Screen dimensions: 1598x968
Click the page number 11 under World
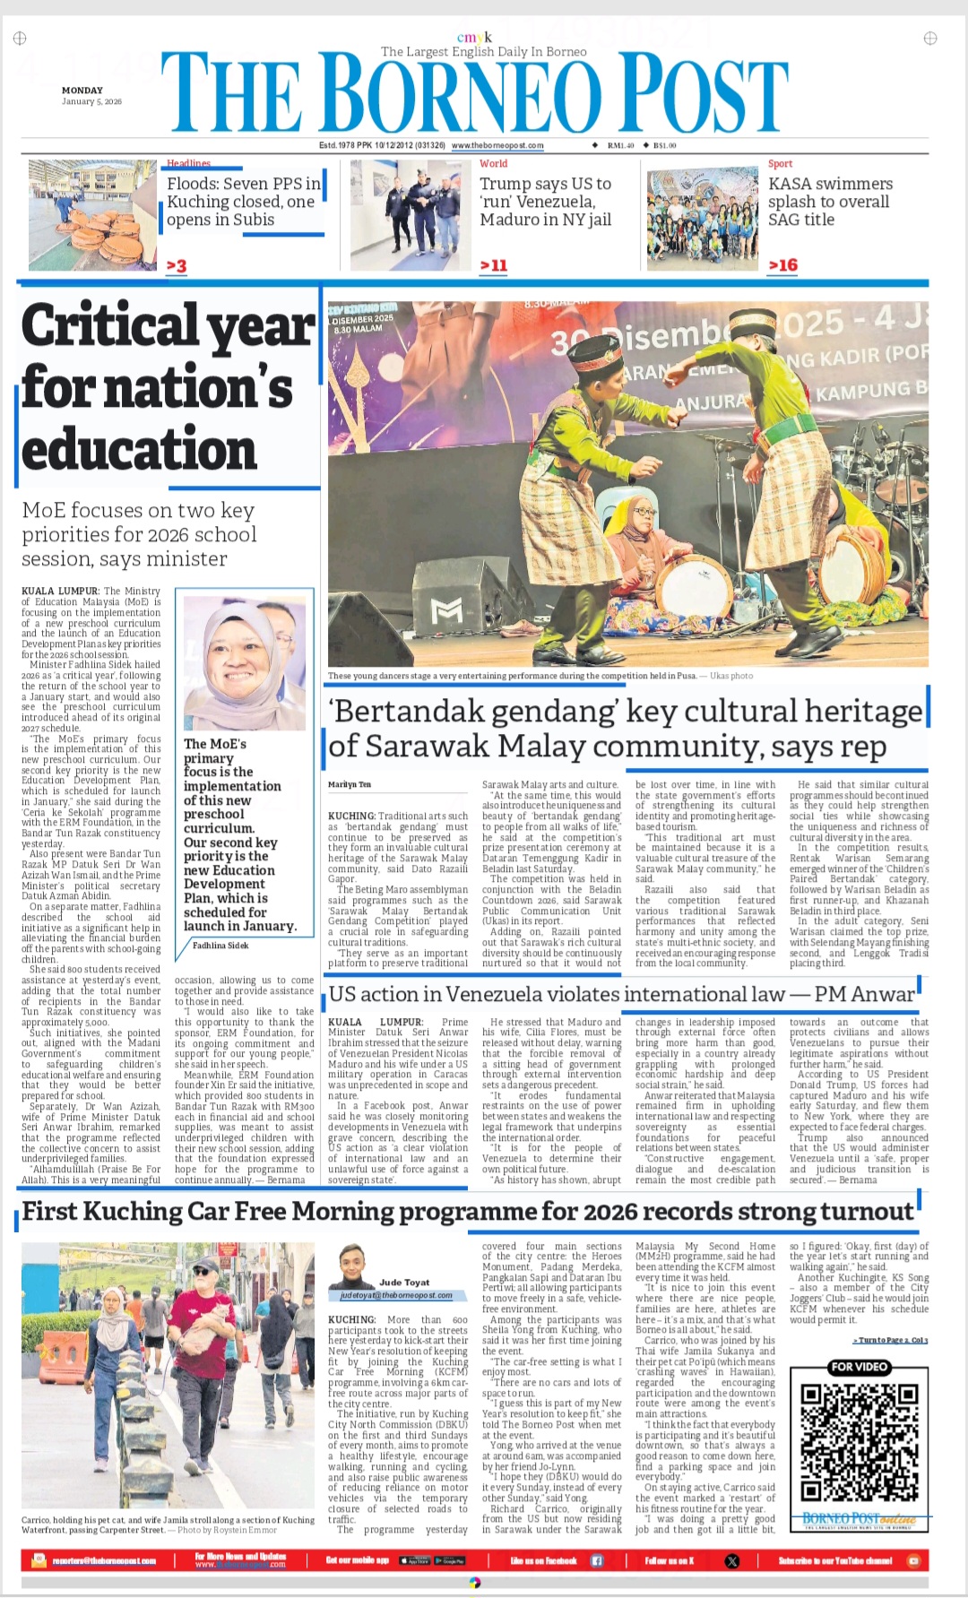tap(494, 265)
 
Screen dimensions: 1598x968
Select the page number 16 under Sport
tap(782, 265)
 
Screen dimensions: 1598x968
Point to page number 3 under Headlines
tap(177, 266)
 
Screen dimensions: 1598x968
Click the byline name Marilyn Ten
tap(350, 785)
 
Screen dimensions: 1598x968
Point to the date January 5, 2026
tap(91, 102)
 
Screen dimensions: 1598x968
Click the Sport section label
tap(780, 164)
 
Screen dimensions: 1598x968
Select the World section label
tap(493, 164)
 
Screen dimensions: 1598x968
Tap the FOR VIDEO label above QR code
tap(859, 1367)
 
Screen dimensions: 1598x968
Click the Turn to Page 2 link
tap(889, 1340)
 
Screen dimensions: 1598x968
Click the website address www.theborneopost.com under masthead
tap(497, 145)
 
